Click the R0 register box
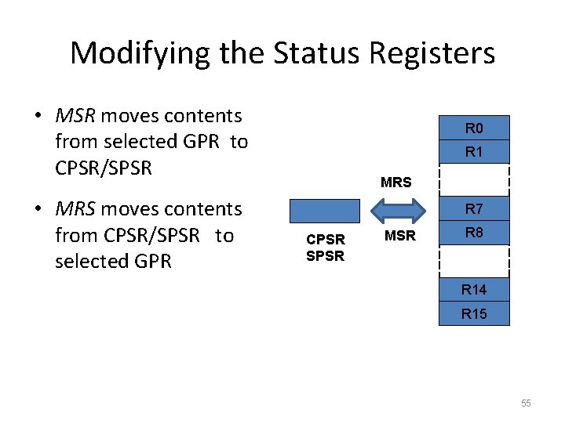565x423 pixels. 474,128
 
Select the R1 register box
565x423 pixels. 474,152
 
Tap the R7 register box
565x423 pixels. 474,209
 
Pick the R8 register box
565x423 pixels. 474,233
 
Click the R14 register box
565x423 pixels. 474,290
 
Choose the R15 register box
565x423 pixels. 474,313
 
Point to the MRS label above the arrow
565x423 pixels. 395,183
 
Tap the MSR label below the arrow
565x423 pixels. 400,236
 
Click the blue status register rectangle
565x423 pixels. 325,211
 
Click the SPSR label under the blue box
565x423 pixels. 325,256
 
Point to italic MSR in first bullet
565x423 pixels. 75,116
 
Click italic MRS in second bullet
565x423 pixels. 75,209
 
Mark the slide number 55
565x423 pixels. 525,403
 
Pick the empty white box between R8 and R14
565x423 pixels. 474,262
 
